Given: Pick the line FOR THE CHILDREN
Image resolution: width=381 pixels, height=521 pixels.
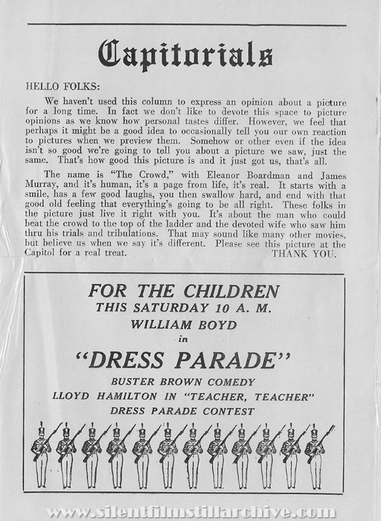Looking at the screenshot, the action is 185,291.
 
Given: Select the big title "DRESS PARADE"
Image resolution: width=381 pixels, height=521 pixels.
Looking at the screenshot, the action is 185,359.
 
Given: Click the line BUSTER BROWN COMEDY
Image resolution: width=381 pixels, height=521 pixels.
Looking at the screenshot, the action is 185,382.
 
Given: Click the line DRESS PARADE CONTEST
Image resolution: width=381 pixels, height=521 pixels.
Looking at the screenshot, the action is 185,410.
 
